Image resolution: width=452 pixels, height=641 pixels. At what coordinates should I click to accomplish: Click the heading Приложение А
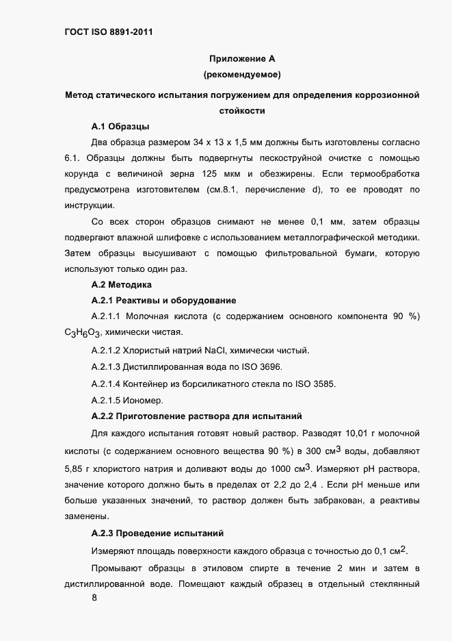pyautogui.click(x=241, y=59)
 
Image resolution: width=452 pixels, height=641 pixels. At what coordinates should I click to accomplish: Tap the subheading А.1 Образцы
pyautogui.click(x=120, y=127)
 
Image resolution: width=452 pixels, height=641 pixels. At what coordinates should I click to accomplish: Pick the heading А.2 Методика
pyautogui.click(x=122, y=284)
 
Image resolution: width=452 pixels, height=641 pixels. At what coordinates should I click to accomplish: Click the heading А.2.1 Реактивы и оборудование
pyautogui.click(x=163, y=301)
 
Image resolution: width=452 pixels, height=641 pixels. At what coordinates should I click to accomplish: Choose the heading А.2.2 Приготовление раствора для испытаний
pyautogui.click(x=196, y=416)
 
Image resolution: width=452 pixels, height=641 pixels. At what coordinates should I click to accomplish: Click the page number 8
pyautogui.click(x=94, y=599)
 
